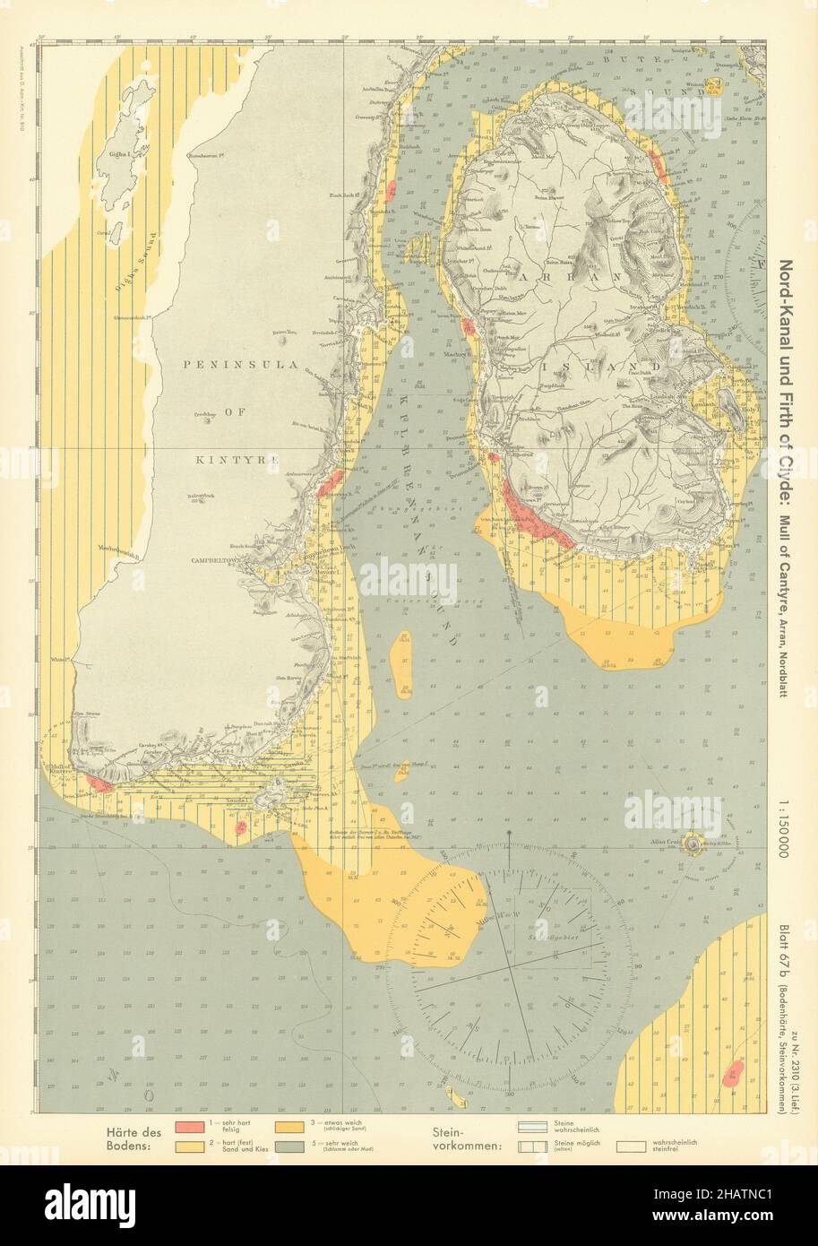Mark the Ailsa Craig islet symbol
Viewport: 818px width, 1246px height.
click(x=693, y=843)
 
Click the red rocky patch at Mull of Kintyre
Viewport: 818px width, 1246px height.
click(x=99, y=785)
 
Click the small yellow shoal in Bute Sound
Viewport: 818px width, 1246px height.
click(x=714, y=86)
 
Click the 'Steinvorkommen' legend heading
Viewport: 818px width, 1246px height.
click(x=465, y=1138)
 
